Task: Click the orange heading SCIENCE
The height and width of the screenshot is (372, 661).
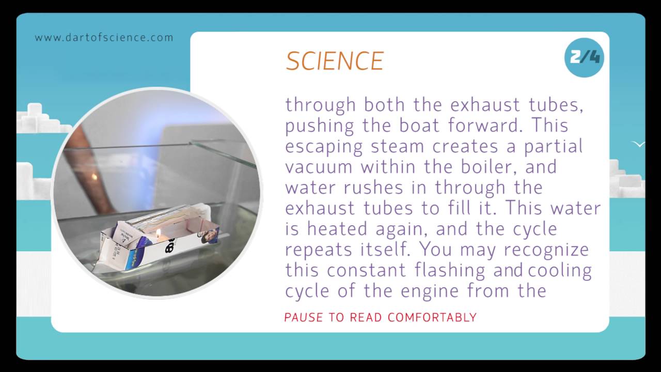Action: pyautogui.click(x=335, y=61)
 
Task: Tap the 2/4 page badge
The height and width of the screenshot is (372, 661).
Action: pyautogui.click(x=584, y=57)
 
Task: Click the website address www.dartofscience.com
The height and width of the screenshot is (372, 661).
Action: pyautogui.click(x=104, y=38)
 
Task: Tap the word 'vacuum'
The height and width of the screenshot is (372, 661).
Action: pyautogui.click(x=320, y=167)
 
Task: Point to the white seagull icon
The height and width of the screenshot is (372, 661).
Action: pyautogui.click(x=639, y=144)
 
